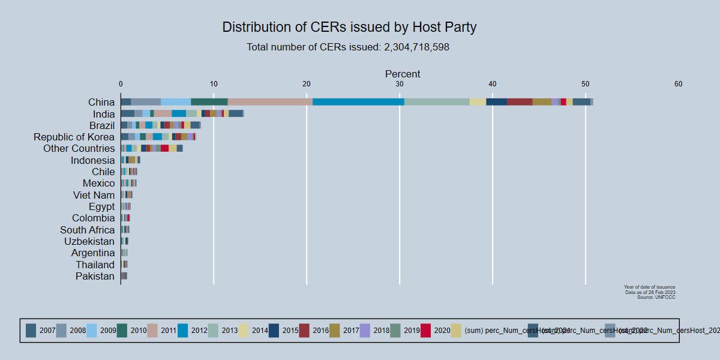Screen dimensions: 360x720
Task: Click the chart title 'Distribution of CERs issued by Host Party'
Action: [349, 27]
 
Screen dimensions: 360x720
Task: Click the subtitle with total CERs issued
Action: [348, 47]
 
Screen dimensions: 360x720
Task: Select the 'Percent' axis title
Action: [402, 74]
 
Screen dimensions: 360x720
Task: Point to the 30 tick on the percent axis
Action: [400, 84]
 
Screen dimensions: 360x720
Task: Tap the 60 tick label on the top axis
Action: [678, 84]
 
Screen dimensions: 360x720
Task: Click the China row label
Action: [101, 102]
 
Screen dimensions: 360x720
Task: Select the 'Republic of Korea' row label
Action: [74, 137]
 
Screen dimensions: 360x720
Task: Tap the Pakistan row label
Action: [95, 276]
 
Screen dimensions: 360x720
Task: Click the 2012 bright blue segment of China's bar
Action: [358, 102]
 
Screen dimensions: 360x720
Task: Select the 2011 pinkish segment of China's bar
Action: [270, 102]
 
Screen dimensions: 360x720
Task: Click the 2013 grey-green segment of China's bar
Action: [437, 102]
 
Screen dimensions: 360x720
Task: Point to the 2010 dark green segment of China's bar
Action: [209, 102]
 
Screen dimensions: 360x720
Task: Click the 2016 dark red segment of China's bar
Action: [520, 102]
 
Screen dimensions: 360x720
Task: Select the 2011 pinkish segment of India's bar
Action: [163, 113]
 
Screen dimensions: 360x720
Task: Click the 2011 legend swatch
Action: [153, 330]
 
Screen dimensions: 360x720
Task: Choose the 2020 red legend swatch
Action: [426, 330]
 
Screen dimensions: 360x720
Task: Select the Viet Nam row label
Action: [94, 195]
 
